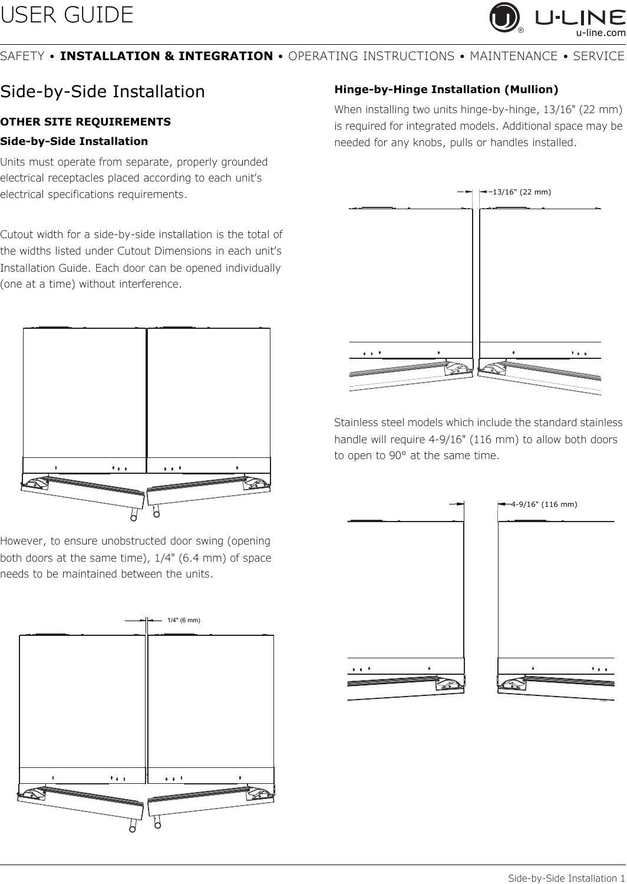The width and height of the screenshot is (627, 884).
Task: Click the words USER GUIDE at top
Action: (x=67, y=15)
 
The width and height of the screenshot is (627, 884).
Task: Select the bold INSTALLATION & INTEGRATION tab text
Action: (x=167, y=57)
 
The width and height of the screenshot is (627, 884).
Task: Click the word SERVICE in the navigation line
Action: (x=598, y=57)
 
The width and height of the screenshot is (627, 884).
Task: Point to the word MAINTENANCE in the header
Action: (x=513, y=57)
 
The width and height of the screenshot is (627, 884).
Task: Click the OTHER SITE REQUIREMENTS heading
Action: (x=86, y=122)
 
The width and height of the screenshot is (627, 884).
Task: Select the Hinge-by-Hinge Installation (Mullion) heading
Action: (x=446, y=90)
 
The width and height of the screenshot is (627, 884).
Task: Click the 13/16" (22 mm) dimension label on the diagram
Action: (x=521, y=191)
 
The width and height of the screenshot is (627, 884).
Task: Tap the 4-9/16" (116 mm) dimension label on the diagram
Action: (x=544, y=504)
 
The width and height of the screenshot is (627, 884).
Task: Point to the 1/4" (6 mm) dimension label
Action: (x=184, y=620)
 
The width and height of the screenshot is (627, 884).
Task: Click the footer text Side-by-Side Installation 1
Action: (x=566, y=878)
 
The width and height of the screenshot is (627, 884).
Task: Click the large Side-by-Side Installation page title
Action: (x=103, y=92)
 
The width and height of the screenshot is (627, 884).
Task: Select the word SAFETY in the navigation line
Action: (x=22, y=57)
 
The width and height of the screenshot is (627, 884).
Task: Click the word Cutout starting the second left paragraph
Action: (x=19, y=235)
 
